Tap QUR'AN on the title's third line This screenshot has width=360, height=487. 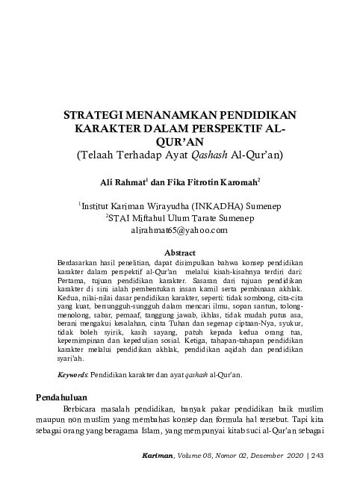(180, 143)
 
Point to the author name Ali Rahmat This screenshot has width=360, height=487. (124, 182)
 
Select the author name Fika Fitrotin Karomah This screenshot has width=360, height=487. (214, 182)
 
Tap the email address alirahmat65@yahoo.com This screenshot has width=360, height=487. (179, 232)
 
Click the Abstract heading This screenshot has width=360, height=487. (179, 253)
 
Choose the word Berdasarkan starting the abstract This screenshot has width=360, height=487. (76, 264)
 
